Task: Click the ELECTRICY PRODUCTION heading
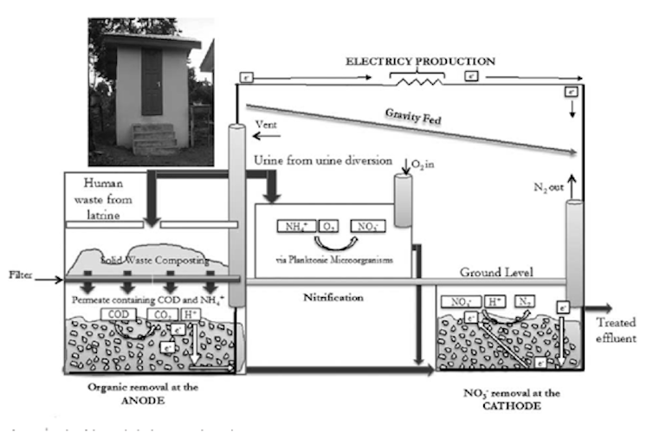421,62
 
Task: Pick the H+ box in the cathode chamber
495,302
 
